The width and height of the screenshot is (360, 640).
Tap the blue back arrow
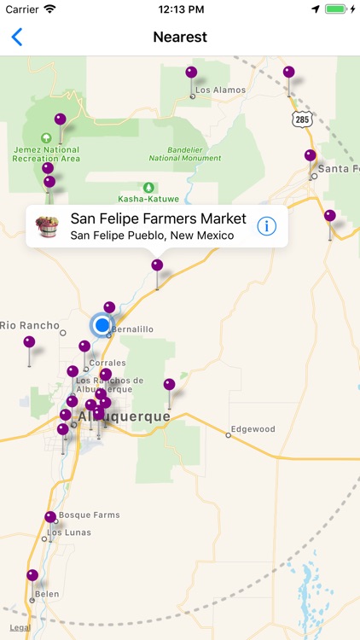(x=17, y=37)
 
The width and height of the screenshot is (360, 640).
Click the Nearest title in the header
(x=180, y=37)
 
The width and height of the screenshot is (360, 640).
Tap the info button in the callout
(x=267, y=226)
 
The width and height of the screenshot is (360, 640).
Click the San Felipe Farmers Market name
(x=158, y=218)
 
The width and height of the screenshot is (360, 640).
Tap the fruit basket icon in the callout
(x=47, y=226)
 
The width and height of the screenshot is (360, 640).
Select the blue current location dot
(x=102, y=325)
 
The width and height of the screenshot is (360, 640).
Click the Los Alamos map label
(x=220, y=90)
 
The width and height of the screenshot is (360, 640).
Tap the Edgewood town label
(x=253, y=429)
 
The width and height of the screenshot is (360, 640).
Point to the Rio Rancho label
(x=31, y=325)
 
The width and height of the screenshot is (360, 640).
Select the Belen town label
(x=47, y=594)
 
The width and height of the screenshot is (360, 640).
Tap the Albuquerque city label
(x=124, y=416)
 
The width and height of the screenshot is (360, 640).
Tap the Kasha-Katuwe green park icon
(x=149, y=187)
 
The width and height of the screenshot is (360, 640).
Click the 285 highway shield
(x=302, y=119)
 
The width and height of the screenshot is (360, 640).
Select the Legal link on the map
(x=20, y=628)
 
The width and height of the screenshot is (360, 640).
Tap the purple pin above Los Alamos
(x=191, y=73)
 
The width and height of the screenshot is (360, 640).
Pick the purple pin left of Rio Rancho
(x=29, y=343)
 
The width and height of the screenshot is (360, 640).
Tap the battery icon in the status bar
(x=337, y=9)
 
